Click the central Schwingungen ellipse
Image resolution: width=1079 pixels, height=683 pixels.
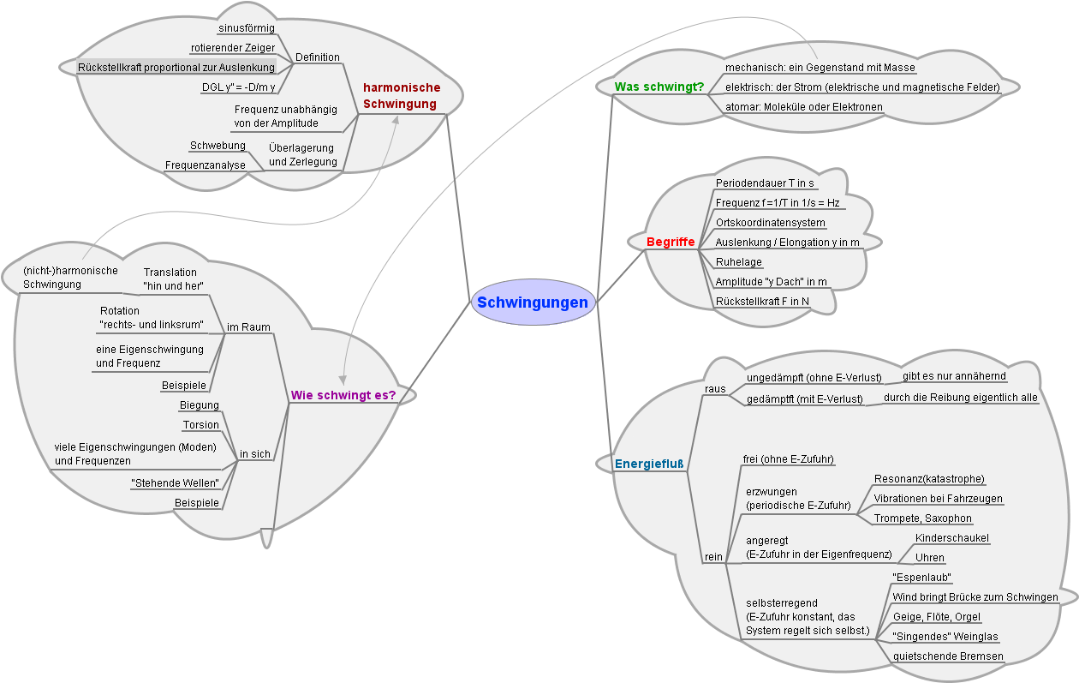(533, 303)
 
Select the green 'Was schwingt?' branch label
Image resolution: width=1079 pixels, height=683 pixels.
(659, 87)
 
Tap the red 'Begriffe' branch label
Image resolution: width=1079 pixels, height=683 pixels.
(671, 243)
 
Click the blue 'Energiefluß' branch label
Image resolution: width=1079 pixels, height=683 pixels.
(649, 464)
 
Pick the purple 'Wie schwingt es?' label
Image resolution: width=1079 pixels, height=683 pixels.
(343, 395)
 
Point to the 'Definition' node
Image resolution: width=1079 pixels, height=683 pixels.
(317, 57)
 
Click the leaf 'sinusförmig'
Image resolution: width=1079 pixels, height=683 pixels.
(247, 28)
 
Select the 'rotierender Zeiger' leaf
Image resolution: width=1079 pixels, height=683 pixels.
(232, 48)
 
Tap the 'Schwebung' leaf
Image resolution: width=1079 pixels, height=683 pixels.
(218, 146)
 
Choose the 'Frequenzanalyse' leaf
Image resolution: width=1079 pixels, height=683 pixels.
(206, 165)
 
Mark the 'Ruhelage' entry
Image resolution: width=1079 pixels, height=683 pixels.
(739, 262)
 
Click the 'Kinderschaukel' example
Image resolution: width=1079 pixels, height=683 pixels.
(952, 538)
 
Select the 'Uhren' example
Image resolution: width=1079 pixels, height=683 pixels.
(930, 558)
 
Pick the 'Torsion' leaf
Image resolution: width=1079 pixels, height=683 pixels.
(201, 425)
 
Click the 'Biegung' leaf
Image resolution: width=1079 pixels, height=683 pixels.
(200, 405)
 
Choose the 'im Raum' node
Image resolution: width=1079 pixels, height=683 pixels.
(248, 327)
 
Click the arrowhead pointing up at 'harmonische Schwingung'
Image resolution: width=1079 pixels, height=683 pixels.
(396, 121)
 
